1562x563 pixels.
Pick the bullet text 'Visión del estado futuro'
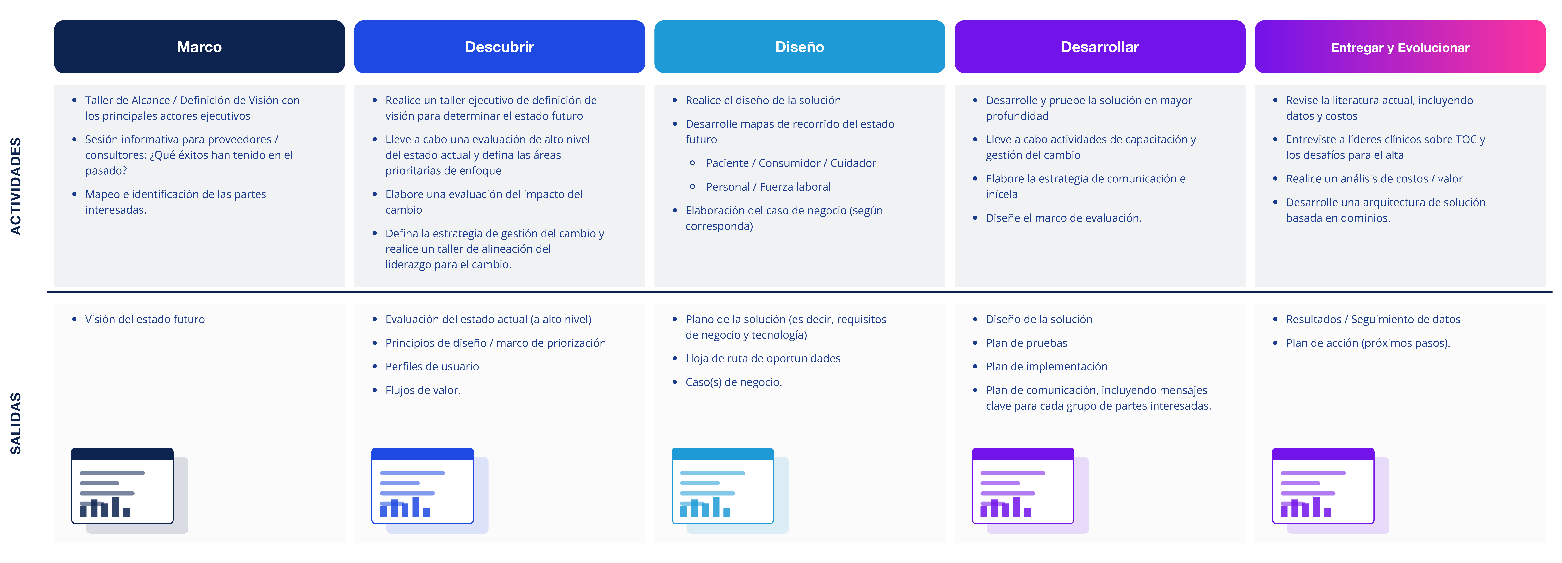pos(145,319)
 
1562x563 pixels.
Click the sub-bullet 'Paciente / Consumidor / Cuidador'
pos(791,163)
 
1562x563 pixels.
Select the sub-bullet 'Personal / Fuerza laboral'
pos(768,187)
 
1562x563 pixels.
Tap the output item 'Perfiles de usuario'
pos(432,367)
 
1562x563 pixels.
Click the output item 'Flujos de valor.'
pos(423,390)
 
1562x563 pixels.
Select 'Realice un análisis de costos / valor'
pos(1374,179)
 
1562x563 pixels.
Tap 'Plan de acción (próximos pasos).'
pos(1368,343)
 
